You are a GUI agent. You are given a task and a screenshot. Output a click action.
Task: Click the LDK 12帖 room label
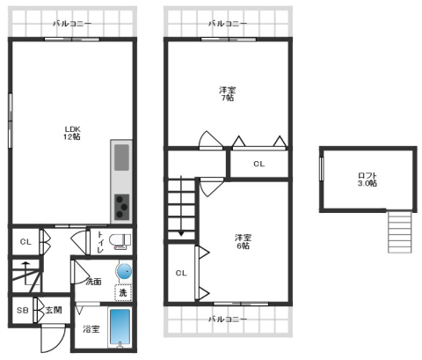coord(72,133)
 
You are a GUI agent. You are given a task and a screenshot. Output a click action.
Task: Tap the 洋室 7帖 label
coord(227,93)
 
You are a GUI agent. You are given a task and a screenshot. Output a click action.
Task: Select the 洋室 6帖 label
coord(243,241)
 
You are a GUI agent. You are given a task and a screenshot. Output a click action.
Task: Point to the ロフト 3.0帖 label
coord(367,180)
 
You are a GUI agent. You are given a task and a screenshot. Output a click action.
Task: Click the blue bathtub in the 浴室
coord(120,327)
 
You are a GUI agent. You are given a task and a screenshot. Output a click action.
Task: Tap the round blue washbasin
coord(125,271)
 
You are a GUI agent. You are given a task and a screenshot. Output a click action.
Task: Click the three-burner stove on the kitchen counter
coord(121,207)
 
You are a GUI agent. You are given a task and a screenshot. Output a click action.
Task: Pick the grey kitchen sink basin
coord(121,158)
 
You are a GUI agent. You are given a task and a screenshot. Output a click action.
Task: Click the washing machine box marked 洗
coord(123,292)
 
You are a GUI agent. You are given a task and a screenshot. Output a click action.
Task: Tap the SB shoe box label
coord(23,310)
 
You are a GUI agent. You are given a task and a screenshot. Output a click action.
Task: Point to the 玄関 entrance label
coord(54,310)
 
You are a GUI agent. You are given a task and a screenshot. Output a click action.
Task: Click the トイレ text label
coord(100,242)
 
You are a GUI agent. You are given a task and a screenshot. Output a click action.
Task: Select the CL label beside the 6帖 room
coord(181,273)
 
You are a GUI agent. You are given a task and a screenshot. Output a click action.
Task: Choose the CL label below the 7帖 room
coord(259,164)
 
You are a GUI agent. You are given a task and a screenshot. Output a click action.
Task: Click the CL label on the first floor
coord(25,242)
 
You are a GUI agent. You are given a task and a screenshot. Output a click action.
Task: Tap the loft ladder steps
coord(400,231)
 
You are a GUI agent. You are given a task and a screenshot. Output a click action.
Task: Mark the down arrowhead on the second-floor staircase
coord(181,234)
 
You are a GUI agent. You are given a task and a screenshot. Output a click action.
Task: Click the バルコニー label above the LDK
coord(72,24)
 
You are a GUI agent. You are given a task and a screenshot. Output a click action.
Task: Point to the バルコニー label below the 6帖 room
coord(228,319)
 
